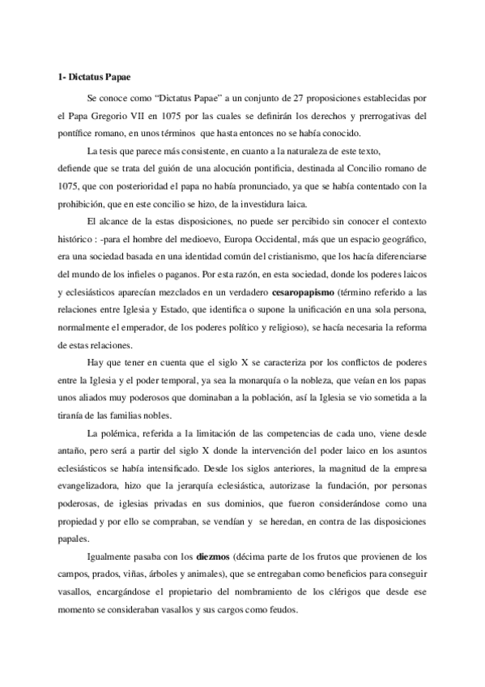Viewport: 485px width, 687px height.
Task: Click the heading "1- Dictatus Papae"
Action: (x=85, y=79)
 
